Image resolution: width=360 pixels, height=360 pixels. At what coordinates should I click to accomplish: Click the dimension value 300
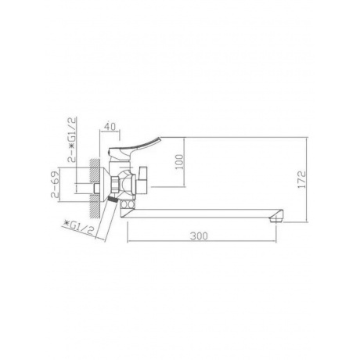coord(199,236)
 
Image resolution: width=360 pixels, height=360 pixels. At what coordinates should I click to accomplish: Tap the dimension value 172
coord(301,180)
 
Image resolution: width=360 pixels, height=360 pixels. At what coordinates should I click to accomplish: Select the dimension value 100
coord(179,162)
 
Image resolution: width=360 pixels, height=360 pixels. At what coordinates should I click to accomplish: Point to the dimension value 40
coord(110,127)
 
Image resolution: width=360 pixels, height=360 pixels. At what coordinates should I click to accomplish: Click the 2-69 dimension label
coord(55,184)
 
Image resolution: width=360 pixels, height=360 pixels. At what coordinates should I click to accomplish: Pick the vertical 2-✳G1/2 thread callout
coord(72,139)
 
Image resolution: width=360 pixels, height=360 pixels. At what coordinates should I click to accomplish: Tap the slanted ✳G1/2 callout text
coord(78,227)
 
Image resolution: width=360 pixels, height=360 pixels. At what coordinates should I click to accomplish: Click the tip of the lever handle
coord(160,138)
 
